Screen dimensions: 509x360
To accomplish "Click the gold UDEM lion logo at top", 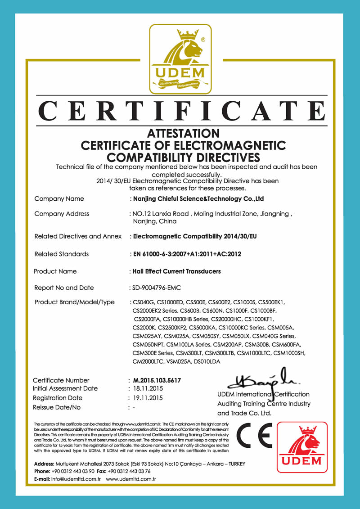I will [180, 59].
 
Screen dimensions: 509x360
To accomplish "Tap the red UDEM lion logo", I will [302, 447].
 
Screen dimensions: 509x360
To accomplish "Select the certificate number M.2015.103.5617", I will [157, 380].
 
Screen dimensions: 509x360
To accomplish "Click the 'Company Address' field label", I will [62, 214].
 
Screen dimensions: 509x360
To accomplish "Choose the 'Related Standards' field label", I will [62, 254].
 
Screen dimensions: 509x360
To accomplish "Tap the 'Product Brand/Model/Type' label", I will [75, 302].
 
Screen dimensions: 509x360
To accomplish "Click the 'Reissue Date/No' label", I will [57, 407].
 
